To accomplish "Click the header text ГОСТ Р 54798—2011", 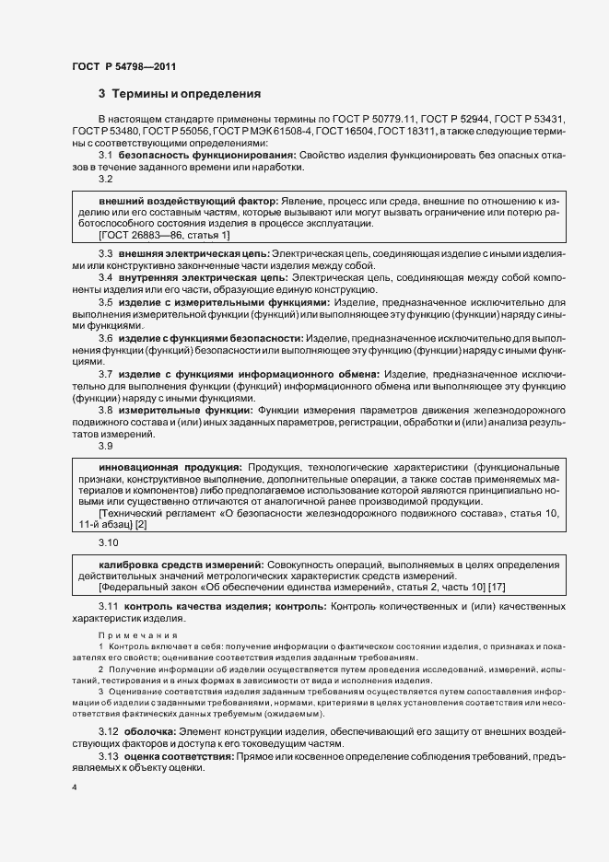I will [x=124, y=67].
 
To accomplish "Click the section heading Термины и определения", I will [x=186, y=94].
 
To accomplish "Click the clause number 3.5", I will [x=106, y=301].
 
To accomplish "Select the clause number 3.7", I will [x=106, y=373].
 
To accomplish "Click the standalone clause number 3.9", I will [x=106, y=446].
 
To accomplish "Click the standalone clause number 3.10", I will [x=109, y=542].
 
